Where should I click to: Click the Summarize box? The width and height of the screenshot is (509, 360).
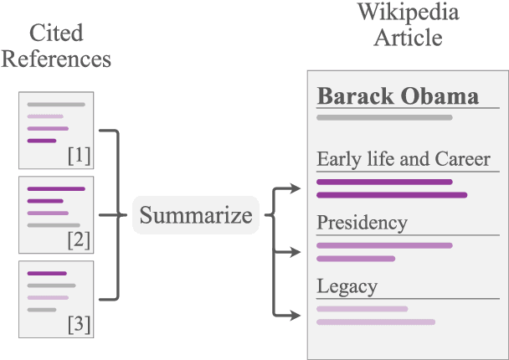(x=195, y=215)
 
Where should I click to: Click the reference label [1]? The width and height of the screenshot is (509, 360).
(x=79, y=156)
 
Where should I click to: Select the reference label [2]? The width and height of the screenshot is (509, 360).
(x=79, y=239)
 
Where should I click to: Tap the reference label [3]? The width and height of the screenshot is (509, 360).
(x=79, y=323)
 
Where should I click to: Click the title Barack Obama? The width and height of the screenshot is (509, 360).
(x=398, y=95)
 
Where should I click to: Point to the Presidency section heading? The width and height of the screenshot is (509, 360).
(x=362, y=223)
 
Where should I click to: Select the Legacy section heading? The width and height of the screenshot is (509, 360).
(x=347, y=286)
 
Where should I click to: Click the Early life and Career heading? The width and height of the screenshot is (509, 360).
(x=404, y=159)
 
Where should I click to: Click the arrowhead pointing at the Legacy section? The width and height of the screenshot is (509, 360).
(x=295, y=315)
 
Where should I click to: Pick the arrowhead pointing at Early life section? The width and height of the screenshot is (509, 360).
(x=295, y=188)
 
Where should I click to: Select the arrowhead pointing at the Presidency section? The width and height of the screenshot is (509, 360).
(x=295, y=251)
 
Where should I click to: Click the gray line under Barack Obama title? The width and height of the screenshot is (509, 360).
(x=384, y=118)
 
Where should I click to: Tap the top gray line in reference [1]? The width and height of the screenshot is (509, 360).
(x=55, y=105)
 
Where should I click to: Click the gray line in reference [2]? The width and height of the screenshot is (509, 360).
(x=53, y=225)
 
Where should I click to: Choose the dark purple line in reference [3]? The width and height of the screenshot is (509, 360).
(x=46, y=273)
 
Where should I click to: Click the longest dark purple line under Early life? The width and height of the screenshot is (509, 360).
(x=391, y=195)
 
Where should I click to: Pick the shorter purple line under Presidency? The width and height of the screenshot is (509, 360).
(x=355, y=259)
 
